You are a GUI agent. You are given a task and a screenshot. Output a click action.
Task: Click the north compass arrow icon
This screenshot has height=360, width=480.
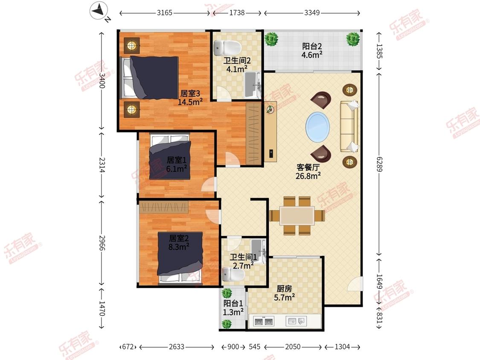coord(99,11)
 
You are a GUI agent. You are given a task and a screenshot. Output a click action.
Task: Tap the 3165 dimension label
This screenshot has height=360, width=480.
coord(165,13)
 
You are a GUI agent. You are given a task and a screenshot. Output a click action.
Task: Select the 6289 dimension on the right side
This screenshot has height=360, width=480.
coord(379,164)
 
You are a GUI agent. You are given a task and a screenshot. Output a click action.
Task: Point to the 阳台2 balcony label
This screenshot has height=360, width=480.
coord(312,46)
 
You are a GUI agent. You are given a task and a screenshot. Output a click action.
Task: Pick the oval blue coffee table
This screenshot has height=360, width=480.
coord(318,128)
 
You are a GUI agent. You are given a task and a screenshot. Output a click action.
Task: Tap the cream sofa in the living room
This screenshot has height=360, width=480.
coord(349,126)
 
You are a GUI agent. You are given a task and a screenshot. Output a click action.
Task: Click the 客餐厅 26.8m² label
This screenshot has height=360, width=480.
coord(308,171)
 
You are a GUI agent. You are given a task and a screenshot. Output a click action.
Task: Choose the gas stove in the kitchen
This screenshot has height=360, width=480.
coord(264,322)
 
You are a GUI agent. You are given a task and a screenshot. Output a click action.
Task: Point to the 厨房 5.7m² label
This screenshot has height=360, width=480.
coord(285,293)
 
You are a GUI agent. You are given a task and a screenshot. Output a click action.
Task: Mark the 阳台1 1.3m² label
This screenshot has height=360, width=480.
coord(233,308)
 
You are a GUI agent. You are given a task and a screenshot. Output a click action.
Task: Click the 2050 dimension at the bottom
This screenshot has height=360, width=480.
coord(293,347)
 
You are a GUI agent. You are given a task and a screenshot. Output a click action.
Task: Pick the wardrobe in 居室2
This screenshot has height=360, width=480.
coord(163,207)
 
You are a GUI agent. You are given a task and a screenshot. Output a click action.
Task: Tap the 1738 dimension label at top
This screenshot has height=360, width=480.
coord(237,13)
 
